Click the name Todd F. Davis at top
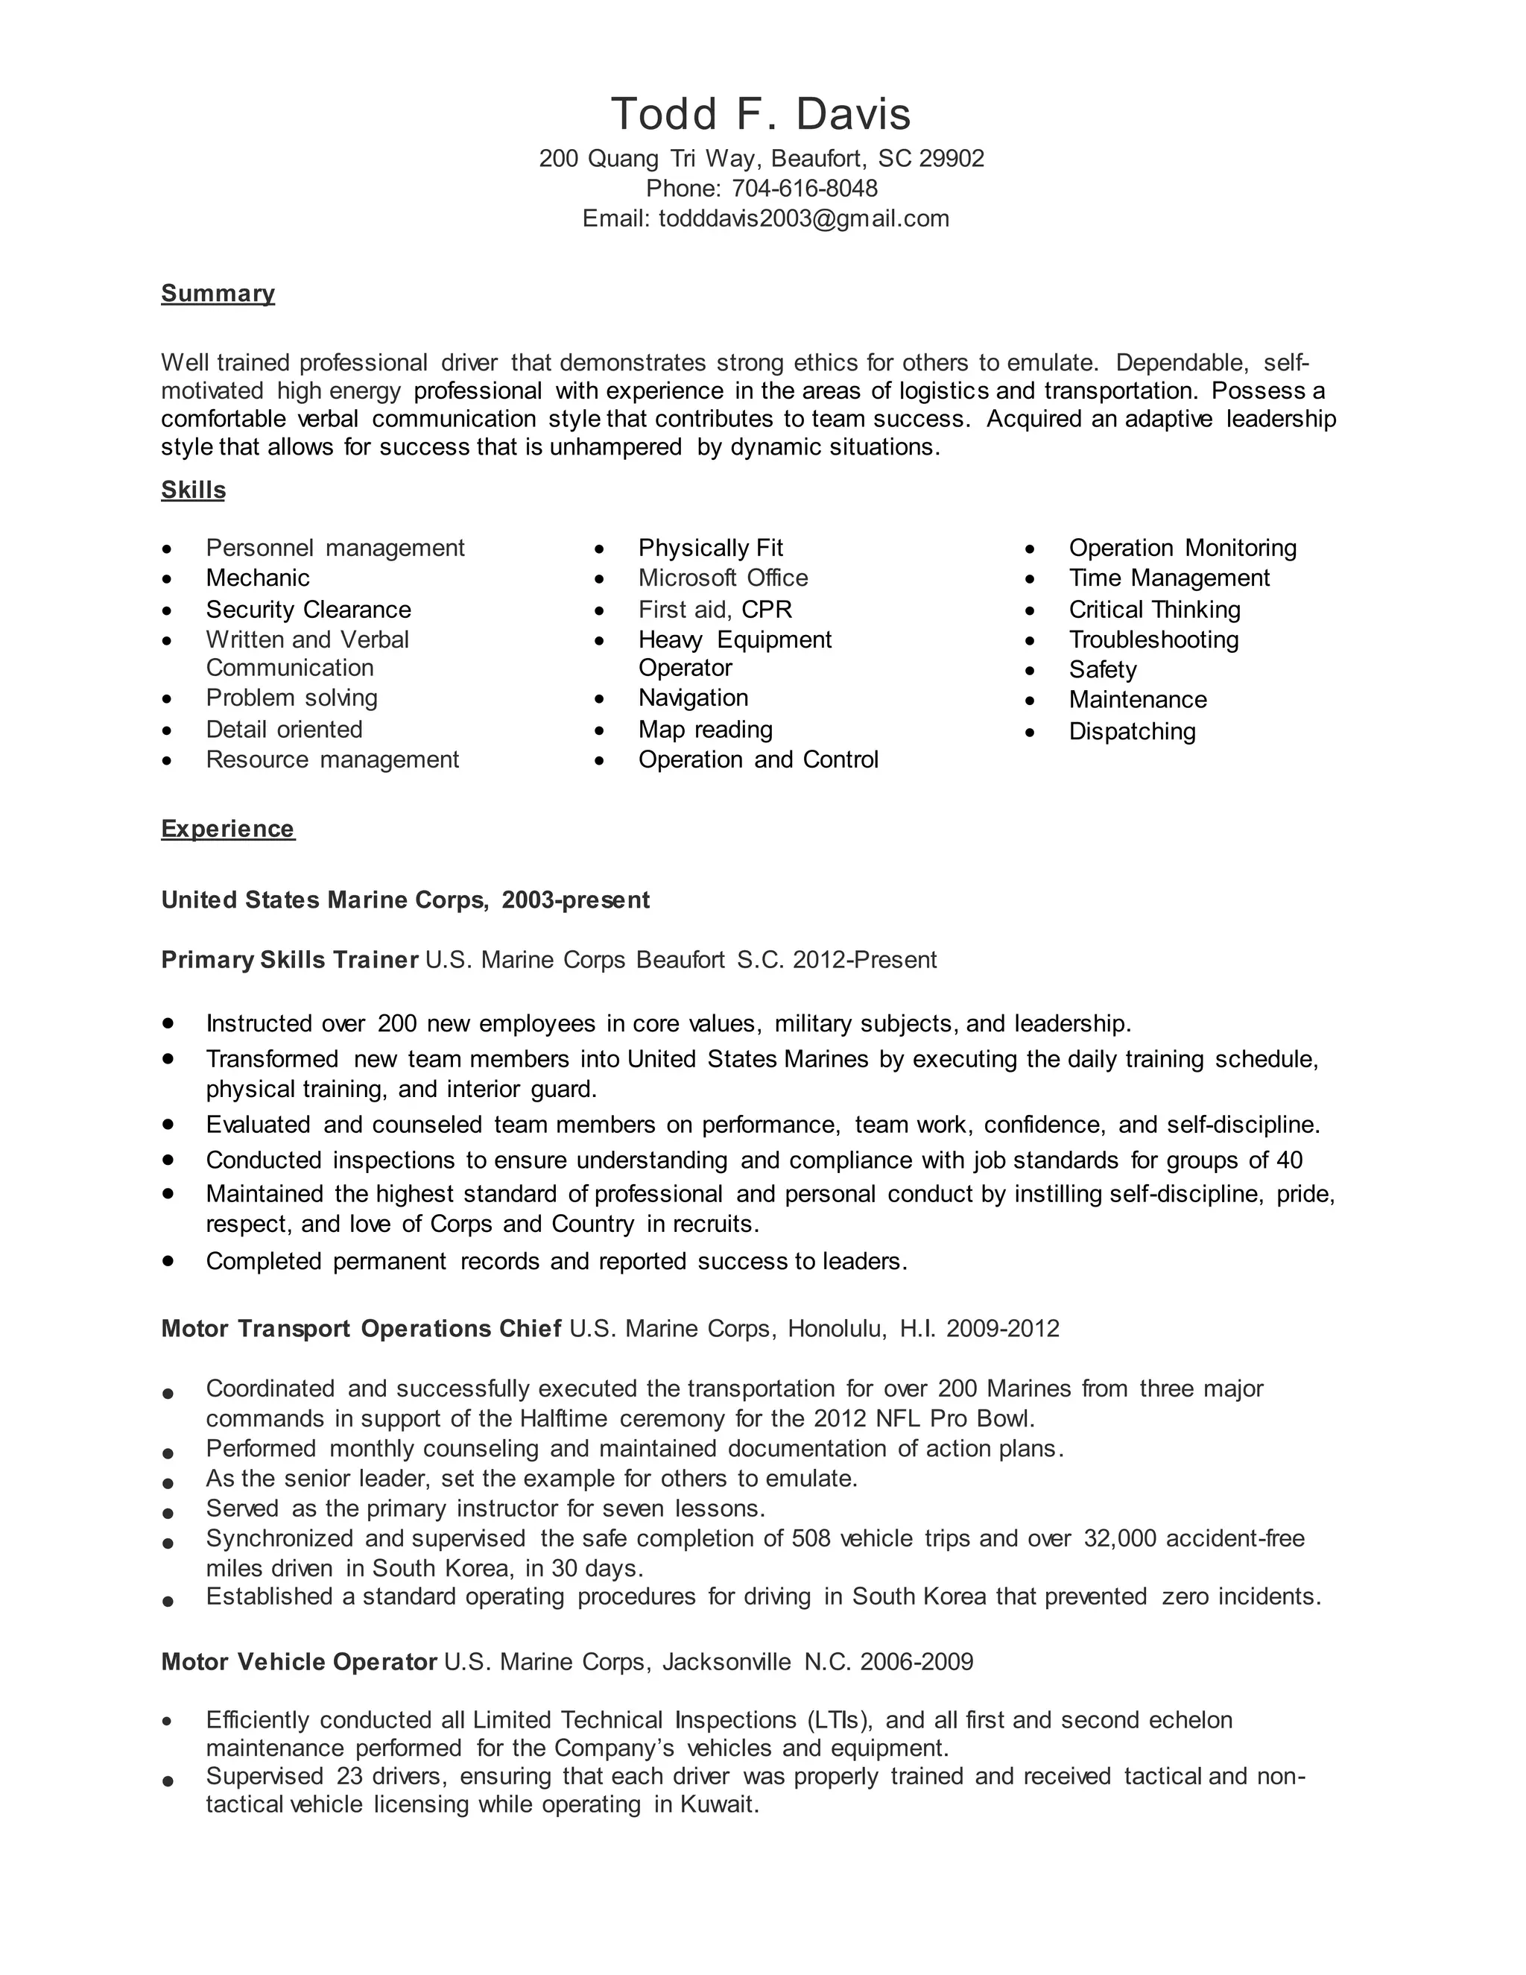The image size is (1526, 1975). click(x=762, y=115)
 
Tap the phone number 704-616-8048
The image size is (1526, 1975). click(x=804, y=188)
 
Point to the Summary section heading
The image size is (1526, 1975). click(x=218, y=293)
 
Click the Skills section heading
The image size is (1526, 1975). click(x=192, y=490)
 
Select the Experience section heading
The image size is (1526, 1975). click(x=228, y=829)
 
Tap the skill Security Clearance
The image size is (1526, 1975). click(x=308, y=610)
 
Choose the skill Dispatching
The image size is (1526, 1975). click(x=1132, y=732)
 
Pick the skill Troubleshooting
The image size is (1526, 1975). click(x=1153, y=640)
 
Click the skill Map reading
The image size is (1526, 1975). click(x=705, y=730)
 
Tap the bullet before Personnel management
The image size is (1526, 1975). click(x=166, y=549)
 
